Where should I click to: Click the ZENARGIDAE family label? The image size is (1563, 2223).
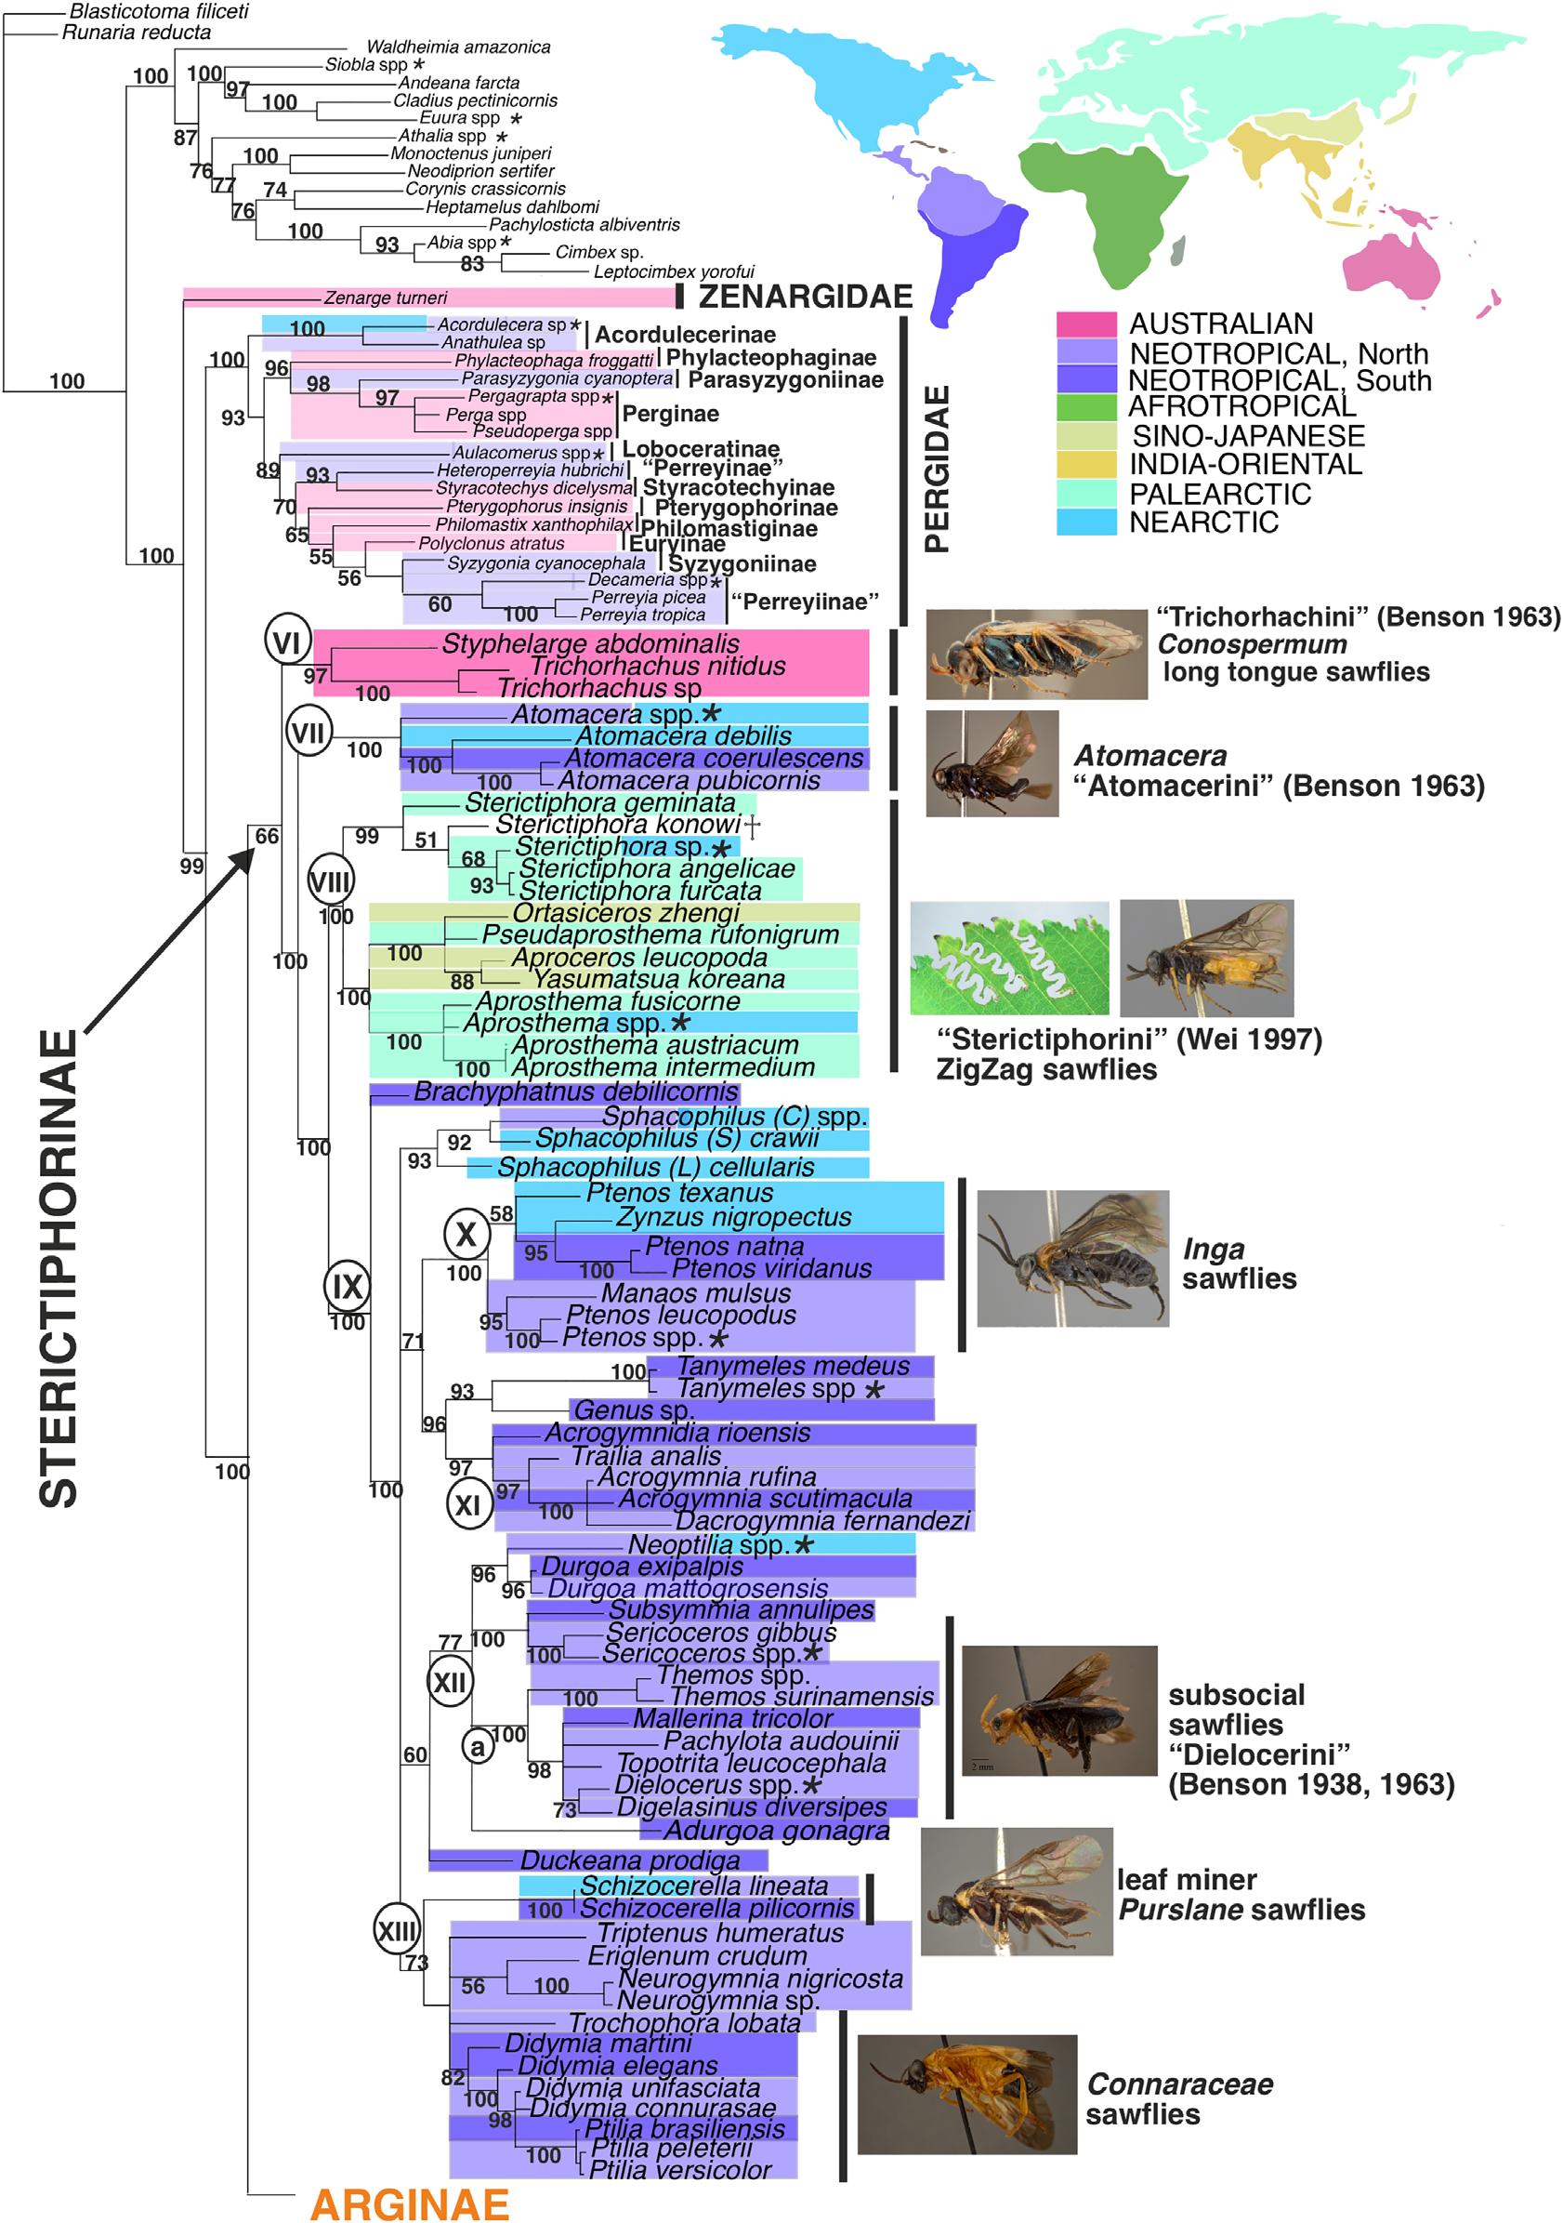coord(806,297)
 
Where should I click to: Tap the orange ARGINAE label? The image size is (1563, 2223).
coord(410,2203)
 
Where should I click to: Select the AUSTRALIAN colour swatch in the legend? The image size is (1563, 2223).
coord(1086,324)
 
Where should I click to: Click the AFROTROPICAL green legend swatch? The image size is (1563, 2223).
coord(1086,407)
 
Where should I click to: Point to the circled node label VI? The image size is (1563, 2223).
coord(286,642)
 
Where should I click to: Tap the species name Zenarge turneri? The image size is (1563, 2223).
coord(386,298)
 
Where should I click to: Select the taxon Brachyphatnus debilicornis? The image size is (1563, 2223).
coord(576,1092)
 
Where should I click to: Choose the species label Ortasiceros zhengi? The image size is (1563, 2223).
coord(626,913)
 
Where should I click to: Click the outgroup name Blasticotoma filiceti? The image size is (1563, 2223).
coord(159,11)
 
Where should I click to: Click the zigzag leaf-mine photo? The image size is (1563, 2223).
coord(1009,958)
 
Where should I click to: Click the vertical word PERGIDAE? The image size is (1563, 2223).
coord(936,470)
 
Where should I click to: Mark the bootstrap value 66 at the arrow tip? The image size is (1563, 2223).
coord(266,836)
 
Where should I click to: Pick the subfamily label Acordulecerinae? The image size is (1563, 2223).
coord(685,335)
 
